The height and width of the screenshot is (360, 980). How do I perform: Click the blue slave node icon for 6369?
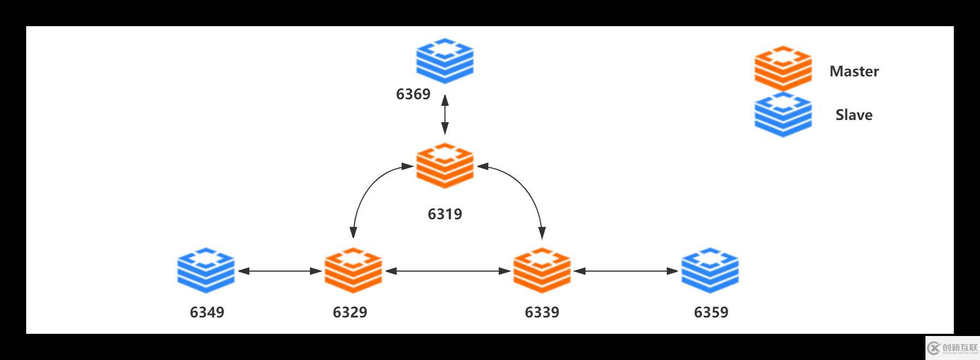click(x=445, y=61)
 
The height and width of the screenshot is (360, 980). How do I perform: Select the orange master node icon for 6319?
click(x=445, y=165)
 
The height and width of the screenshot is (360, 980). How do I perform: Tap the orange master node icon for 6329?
click(x=353, y=270)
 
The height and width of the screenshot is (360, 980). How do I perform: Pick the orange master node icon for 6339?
click(x=542, y=270)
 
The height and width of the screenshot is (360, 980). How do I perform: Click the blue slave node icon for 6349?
click(x=206, y=270)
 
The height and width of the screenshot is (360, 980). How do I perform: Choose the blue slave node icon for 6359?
click(x=710, y=270)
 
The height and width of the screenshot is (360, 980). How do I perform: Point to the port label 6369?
click(x=413, y=94)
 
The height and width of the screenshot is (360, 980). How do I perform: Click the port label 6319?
click(x=445, y=214)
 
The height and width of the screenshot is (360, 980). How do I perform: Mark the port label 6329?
click(x=350, y=312)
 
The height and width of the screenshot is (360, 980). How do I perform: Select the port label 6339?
click(x=542, y=312)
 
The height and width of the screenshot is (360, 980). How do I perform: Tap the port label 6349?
click(x=207, y=312)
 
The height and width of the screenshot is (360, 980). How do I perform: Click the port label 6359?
click(x=711, y=312)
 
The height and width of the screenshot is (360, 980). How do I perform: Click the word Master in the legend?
click(x=854, y=71)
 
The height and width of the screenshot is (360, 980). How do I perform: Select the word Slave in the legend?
click(x=854, y=115)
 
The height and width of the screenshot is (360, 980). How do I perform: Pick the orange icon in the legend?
click(x=783, y=68)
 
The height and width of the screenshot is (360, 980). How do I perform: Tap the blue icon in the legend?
click(x=783, y=114)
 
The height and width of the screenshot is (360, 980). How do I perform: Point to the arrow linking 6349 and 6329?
click(x=280, y=271)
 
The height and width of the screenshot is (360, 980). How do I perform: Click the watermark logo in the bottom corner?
click(x=952, y=347)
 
